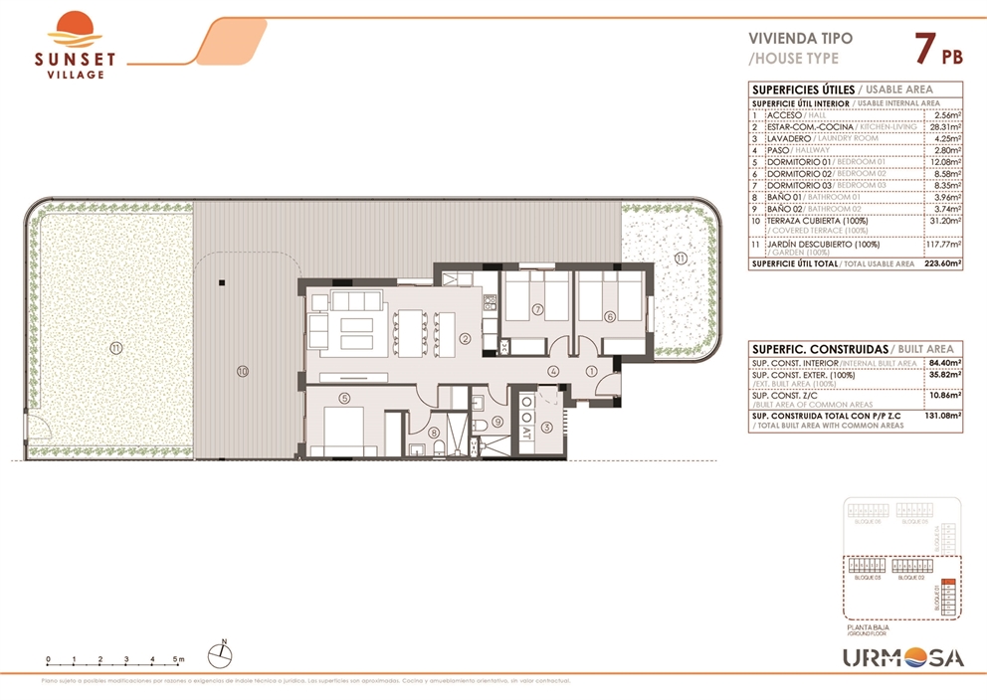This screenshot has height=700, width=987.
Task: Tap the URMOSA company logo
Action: (x=903, y=657)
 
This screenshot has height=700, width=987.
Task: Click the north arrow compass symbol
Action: (x=221, y=654)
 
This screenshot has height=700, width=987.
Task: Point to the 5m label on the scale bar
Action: (x=179, y=659)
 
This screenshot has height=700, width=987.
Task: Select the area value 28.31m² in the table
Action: (x=945, y=127)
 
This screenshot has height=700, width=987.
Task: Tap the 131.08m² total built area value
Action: (x=943, y=416)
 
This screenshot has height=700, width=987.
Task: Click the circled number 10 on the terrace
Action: (x=242, y=372)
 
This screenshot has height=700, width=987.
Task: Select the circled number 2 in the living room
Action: (x=465, y=338)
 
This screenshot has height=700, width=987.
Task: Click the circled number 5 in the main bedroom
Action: (x=343, y=399)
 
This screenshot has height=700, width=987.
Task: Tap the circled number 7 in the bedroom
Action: (x=536, y=309)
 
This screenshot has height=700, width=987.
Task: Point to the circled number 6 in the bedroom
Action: (x=609, y=316)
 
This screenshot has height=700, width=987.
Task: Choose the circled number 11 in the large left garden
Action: (x=116, y=347)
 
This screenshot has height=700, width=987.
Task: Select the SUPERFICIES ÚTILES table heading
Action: (x=802, y=89)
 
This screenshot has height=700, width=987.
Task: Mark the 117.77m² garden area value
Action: (x=943, y=244)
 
